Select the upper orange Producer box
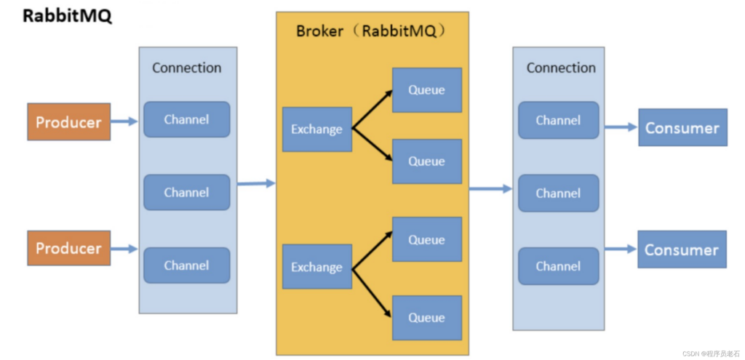pos(69,122)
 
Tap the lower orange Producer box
pos(69,249)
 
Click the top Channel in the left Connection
pos(186,119)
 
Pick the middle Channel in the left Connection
pos(186,193)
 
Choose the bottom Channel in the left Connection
pos(186,265)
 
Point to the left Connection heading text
pos(186,68)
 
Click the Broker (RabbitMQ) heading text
pos(371,31)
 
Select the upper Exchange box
pos(316,129)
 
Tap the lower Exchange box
pos(316,267)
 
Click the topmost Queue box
pos(426,90)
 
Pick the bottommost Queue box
pos(426,318)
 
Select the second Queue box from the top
pos(426,161)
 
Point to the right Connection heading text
pos(560,68)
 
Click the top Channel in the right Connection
pos(558,120)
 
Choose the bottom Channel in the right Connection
pos(558,266)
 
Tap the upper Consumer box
pos(682,128)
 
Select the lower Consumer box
pos(682,250)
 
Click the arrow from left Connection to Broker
pos(255,183)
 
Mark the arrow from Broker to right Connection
pos(490,188)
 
